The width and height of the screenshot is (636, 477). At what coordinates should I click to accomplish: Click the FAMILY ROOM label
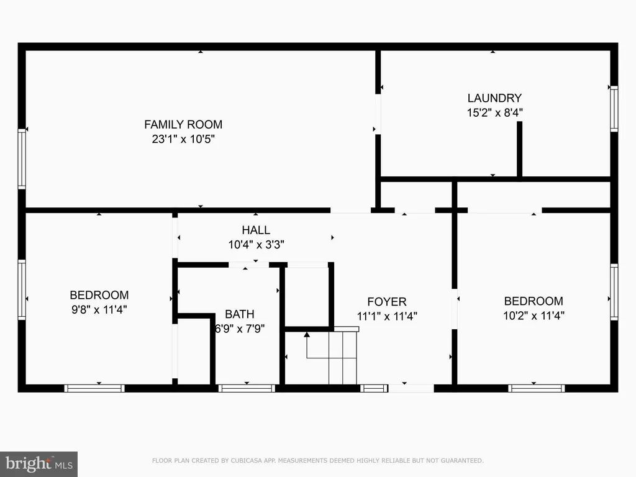point(183,124)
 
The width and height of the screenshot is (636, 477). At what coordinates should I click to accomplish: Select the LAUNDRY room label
point(494,98)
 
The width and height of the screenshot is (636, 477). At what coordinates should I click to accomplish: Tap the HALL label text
point(256,230)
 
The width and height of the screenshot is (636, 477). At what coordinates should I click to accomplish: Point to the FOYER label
point(387,302)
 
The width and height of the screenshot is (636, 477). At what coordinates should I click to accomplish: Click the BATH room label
point(240,314)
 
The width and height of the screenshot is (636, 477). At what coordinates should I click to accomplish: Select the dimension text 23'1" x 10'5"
point(183,139)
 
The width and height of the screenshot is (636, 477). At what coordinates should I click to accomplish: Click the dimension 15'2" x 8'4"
point(495,113)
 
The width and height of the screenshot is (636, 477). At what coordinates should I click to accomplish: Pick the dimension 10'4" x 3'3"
point(257,245)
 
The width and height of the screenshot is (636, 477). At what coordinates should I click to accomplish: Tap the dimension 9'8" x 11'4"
point(99,310)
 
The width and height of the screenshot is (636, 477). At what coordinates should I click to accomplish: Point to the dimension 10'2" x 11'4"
point(534,316)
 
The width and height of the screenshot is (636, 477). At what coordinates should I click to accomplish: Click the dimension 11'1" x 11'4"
point(387,316)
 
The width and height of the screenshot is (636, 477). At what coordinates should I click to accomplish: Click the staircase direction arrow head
point(307,335)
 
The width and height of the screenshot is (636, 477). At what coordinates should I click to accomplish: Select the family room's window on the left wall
point(22,159)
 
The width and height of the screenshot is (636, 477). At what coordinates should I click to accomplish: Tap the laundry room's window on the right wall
point(614,109)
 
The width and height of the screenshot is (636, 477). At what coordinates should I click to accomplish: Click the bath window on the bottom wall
point(247,388)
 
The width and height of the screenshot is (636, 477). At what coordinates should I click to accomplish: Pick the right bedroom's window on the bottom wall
point(536,388)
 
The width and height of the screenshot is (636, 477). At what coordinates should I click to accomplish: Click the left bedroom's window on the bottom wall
point(94,388)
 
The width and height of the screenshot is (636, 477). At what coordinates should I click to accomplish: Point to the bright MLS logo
point(39,464)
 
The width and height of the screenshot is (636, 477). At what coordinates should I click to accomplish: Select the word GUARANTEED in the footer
point(462,461)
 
